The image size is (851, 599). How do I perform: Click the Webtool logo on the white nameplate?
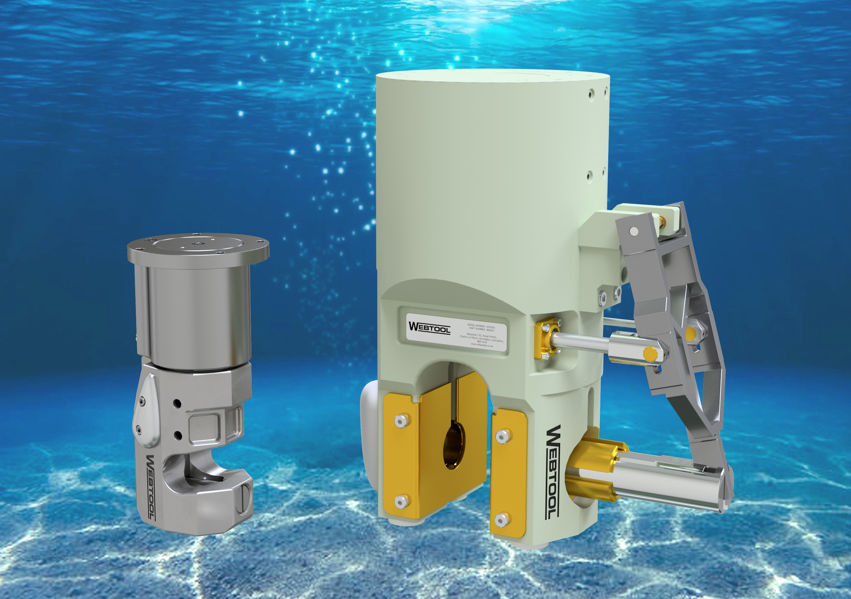[x=429, y=328]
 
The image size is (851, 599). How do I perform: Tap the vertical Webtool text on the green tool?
[x=552, y=472]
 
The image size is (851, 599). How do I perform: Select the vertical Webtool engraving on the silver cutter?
[x=151, y=487]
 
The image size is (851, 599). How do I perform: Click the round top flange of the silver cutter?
[x=198, y=245]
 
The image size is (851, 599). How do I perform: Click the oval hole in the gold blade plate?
[x=454, y=445]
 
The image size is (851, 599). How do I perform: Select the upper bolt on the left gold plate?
[x=402, y=421]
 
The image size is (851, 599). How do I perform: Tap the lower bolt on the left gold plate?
[x=402, y=502]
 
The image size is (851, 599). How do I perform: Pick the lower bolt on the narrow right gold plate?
[x=501, y=521]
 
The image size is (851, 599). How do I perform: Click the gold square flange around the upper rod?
[x=545, y=340]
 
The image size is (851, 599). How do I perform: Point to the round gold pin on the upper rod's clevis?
[x=650, y=354]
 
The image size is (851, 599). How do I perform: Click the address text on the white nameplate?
[x=481, y=340]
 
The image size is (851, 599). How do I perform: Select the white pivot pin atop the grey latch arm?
[x=634, y=231]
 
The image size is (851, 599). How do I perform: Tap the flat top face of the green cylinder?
[x=492, y=76]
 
